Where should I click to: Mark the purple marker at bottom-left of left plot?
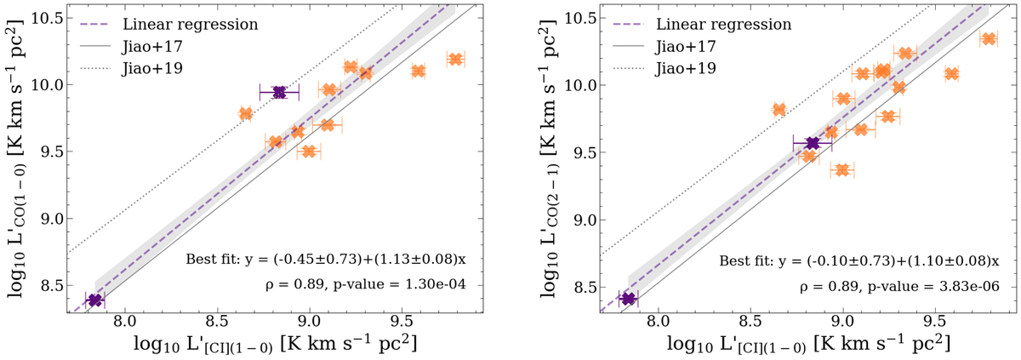point(94,300)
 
